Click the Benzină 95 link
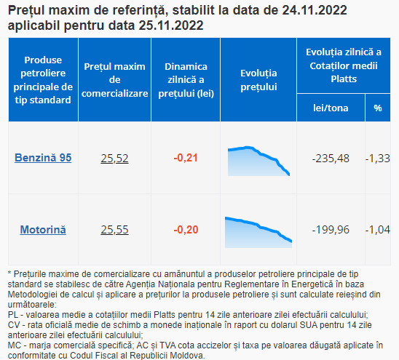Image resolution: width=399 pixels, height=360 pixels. (43, 158)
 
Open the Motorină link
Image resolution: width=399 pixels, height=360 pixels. (43, 230)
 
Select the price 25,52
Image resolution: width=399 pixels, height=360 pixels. (114, 158)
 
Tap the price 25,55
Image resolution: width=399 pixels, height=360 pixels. (114, 230)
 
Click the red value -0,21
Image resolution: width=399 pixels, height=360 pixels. (186, 158)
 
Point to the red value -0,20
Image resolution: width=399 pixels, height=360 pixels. (186, 230)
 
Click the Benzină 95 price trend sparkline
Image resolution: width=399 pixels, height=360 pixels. (258, 161)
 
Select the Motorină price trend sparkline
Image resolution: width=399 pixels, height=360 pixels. (258, 233)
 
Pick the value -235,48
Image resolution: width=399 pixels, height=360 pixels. (331, 159)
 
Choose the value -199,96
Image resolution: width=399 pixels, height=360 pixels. (331, 230)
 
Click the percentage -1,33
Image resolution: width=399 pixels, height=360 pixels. (378, 159)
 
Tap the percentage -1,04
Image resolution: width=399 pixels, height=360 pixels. (378, 230)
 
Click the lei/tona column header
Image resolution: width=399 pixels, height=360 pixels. (331, 108)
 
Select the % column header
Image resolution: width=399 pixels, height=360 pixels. (378, 108)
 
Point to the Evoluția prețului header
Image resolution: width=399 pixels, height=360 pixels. (258, 80)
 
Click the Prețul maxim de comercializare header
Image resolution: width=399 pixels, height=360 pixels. (114, 80)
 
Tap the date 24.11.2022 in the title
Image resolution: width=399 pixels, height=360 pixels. (315, 10)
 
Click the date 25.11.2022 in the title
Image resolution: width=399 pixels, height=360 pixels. (171, 25)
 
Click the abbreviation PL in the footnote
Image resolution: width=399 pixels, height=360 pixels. (13, 315)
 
